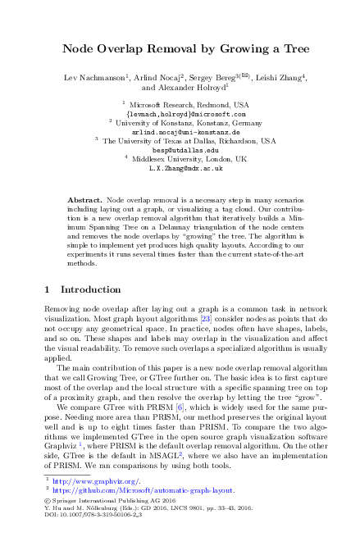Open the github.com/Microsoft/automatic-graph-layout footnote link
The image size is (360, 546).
coord(144,489)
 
